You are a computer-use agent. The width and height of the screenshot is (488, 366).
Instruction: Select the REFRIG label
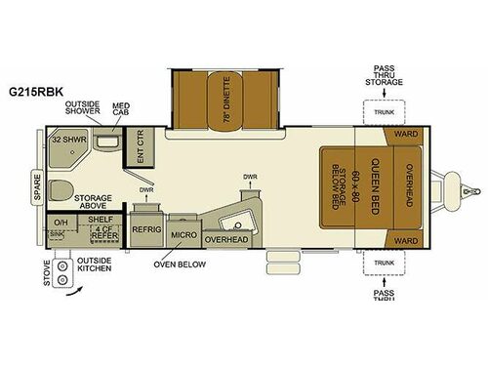coord(146,230)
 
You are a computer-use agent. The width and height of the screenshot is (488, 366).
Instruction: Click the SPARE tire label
coord(37,182)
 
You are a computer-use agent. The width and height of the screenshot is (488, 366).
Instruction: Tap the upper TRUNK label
coord(384,113)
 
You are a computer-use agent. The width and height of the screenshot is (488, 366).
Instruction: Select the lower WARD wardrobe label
coord(403,237)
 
